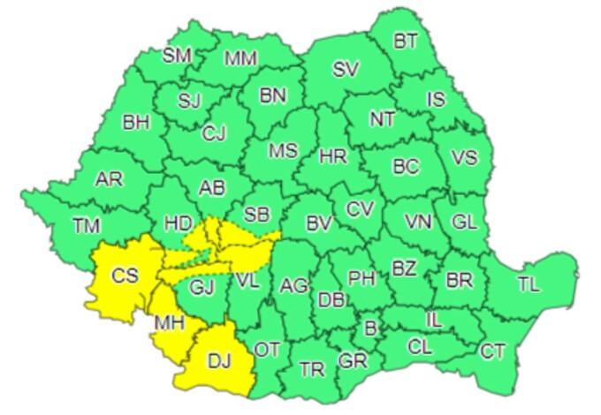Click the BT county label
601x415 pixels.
[x=406, y=40]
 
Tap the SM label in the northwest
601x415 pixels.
[x=177, y=55]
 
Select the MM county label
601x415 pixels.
[x=240, y=59]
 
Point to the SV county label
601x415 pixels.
[x=346, y=70]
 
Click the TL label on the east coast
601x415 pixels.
[x=528, y=284]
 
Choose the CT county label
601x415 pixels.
[x=492, y=352]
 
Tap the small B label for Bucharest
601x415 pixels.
[x=370, y=328]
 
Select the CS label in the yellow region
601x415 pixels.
[x=125, y=275]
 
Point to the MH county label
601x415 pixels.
[x=170, y=323]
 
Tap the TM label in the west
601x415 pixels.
[x=86, y=226]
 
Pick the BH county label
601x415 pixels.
[x=136, y=123]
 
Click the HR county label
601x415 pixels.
[x=332, y=157]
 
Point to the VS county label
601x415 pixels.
[x=464, y=158]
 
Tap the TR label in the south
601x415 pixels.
[x=312, y=369]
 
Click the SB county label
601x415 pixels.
[x=256, y=214]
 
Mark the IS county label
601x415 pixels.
[x=436, y=100]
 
